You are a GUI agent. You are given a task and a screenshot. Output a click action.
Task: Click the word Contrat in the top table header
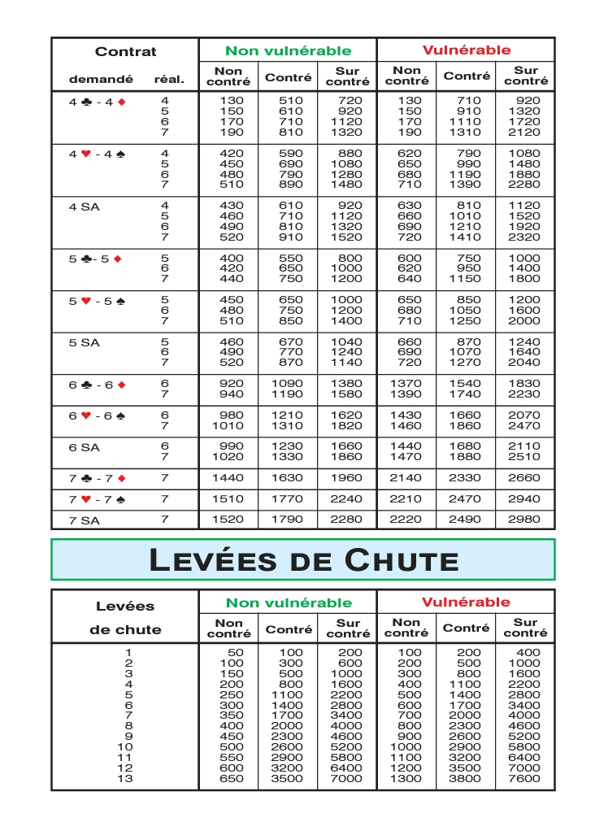(125, 51)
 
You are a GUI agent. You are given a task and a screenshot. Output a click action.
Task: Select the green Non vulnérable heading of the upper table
(288, 50)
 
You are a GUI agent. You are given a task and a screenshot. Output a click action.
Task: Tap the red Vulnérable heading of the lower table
(466, 602)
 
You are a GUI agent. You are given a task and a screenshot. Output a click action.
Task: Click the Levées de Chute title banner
(303, 560)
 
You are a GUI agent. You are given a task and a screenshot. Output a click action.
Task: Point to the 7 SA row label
(85, 520)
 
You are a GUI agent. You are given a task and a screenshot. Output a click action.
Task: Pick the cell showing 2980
(523, 520)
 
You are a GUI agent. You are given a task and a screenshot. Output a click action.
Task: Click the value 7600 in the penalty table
(523, 778)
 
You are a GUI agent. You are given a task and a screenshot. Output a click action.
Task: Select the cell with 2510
(523, 457)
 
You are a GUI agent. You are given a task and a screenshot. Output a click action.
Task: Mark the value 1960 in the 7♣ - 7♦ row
(346, 478)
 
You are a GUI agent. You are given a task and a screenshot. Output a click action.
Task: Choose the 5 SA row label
(85, 342)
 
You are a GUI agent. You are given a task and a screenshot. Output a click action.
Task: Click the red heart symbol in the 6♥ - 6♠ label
(87, 415)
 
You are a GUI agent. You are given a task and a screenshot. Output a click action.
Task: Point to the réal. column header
(169, 80)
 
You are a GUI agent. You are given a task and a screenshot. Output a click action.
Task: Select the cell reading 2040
(523, 363)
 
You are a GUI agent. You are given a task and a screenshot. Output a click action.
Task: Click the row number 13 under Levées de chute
(125, 778)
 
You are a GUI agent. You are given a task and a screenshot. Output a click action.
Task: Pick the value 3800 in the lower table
(466, 778)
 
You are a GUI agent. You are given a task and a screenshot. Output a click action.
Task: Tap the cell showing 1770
(288, 499)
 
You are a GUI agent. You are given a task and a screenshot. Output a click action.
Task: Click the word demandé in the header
(101, 80)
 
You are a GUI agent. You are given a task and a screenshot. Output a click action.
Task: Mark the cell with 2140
(406, 478)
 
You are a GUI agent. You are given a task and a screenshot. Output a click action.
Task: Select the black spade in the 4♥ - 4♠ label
(121, 154)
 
